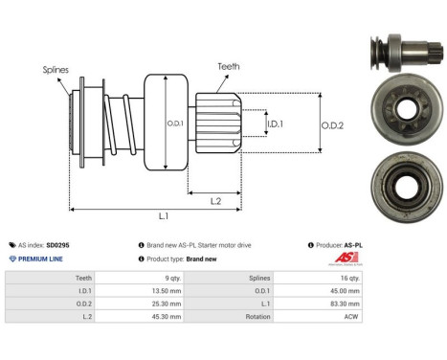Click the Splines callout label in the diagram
pyautogui.click(x=55, y=69)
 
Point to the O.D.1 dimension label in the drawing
pyautogui.click(x=174, y=124)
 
